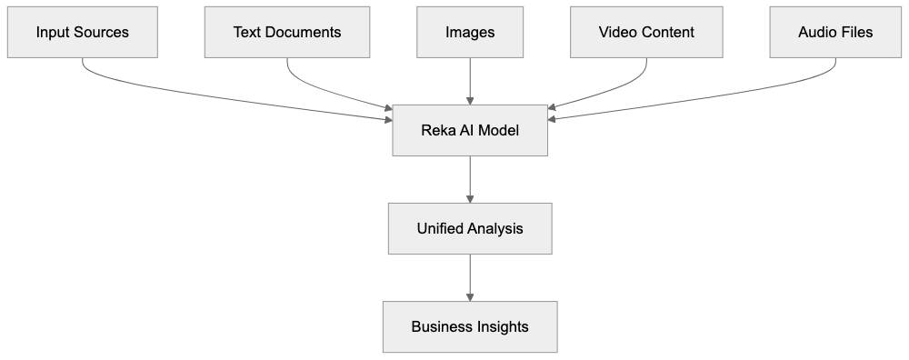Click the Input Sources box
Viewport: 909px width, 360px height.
point(82,33)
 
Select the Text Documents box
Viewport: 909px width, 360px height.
point(287,33)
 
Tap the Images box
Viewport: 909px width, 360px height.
point(470,33)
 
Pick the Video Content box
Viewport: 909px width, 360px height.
point(646,33)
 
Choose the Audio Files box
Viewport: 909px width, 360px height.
point(835,33)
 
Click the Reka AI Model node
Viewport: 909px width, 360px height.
point(470,130)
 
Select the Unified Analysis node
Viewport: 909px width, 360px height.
point(470,228)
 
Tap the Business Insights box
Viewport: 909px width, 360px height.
point(470,326)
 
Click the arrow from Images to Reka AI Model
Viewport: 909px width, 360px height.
point(470,82)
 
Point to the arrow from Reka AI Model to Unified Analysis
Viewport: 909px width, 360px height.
point(470,179)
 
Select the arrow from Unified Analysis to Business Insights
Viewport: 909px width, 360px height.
point(470,277)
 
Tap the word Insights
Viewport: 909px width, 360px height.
point(500,326)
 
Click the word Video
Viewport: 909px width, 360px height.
point(615,33)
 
